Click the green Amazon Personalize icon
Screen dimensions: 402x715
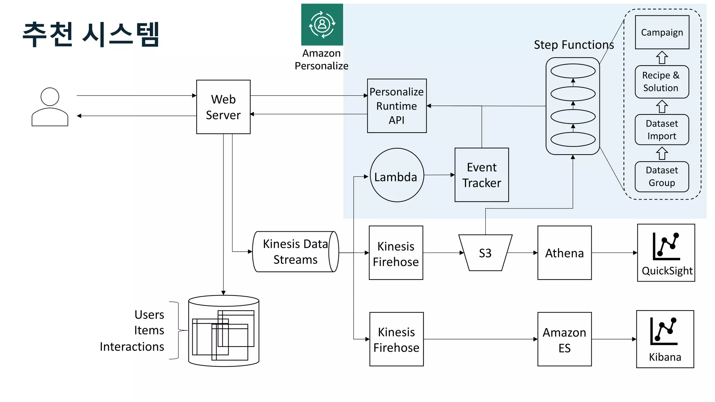322,24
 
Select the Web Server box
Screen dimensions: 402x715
223,107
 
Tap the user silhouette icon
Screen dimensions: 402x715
50,106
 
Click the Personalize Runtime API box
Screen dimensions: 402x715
397,106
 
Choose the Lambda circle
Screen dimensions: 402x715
397,175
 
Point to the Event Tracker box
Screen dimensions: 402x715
481,175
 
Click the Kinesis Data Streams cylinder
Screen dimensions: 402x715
295,252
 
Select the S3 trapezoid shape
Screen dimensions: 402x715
485,253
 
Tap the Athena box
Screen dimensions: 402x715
564,253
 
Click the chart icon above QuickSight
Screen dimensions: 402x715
666,246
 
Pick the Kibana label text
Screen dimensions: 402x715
665,357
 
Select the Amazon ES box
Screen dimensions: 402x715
564,339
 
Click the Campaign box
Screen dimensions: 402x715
662,32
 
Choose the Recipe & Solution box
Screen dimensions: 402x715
662,82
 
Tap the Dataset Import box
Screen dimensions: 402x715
662,129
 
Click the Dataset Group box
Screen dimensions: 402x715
662,177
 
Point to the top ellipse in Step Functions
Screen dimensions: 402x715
573,71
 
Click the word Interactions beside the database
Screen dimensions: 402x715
132,347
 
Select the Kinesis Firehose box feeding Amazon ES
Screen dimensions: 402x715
396,339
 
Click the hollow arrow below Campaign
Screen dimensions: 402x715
662,58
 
